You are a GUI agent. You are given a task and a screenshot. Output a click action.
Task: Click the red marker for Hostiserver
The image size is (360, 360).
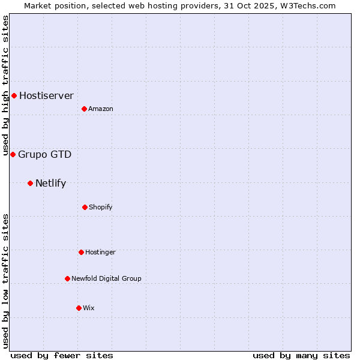[14, 95]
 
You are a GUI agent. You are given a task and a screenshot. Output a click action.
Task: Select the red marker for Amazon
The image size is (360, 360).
[84, 109]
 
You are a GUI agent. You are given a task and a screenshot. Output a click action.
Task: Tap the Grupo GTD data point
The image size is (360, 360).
[13, 154]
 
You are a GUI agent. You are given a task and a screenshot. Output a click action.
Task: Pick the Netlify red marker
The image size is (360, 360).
[30, 183]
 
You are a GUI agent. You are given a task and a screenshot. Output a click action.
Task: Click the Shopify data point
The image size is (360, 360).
[85, 207]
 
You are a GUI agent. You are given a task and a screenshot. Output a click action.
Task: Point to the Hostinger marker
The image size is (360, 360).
[81, 252]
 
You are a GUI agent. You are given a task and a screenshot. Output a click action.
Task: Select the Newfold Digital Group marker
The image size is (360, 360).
[67, 278]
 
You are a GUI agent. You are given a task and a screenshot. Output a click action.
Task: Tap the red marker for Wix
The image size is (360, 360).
[79, 308]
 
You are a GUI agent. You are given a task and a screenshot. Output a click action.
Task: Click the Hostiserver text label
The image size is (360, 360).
[46, 95]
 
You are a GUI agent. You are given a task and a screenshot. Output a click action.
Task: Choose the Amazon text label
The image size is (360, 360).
[101, 109]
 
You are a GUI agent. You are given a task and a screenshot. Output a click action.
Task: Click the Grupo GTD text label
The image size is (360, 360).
[44, 154]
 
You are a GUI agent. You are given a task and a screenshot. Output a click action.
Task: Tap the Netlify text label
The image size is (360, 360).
[50, 183]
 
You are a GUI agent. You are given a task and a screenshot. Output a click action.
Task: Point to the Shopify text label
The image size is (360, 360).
[101, 207]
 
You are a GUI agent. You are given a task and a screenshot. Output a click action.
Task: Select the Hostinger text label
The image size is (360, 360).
[100, 252]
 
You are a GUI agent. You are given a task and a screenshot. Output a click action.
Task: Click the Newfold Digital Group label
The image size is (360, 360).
[106, 278]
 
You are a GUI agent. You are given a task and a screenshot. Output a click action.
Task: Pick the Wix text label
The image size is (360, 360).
[89, 308]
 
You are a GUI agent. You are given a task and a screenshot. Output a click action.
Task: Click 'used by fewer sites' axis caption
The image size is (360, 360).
[62, 355]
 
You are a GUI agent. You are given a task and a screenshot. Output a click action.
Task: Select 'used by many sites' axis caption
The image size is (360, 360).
[301, 355]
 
